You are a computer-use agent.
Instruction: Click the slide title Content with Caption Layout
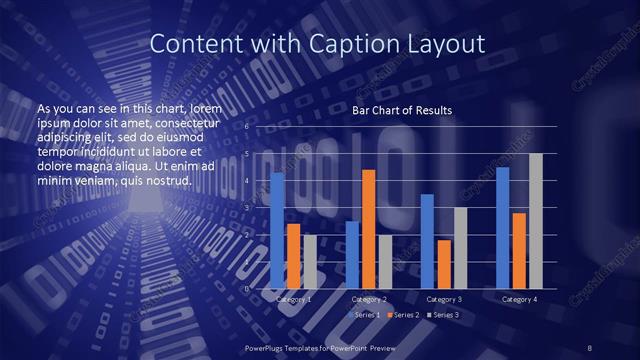point(317,44)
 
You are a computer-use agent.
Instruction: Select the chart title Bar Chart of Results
point(403,110)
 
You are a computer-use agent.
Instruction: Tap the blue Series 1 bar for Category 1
point(277,230)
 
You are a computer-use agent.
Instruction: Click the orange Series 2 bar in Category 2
point(368,229)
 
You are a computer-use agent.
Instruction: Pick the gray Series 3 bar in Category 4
point(535,221)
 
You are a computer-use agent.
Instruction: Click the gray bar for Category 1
point(310,262)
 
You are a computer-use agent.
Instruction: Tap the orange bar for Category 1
point(293,256)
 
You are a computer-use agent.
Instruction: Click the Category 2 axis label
point(369,299)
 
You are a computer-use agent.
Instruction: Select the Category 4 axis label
point(518,299)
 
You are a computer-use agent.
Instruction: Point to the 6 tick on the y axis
point(246,127)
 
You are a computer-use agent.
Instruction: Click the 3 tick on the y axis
point(246,208)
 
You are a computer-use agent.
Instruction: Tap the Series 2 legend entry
point(404,315)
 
